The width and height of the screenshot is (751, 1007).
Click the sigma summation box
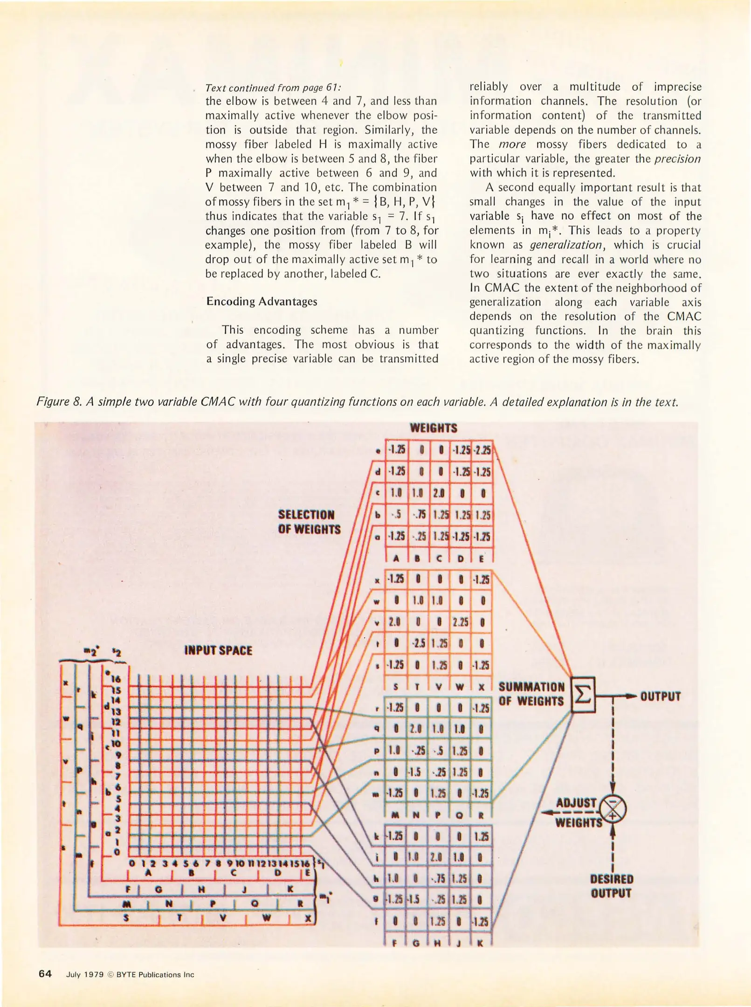(x=583, y=695)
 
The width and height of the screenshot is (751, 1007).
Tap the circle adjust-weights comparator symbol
(x=613, y=809)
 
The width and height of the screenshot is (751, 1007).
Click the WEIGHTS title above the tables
(x=433, y=428)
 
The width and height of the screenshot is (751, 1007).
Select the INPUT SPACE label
(x=218, y=650)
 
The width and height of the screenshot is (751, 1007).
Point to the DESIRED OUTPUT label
(x=611, y=886)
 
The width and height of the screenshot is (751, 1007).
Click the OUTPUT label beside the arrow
(x=660, y=697)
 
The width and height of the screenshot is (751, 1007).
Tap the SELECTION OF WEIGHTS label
(x=309, y=522)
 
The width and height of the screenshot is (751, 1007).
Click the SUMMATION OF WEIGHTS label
(x=531, y=694)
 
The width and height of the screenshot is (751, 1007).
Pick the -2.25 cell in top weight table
(x=482, y=450)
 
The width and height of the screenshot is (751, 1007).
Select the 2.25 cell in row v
(x=461, y=622)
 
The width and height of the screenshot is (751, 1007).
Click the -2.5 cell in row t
(x=417, y=644)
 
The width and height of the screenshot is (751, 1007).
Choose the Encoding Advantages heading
(x=262, y=302)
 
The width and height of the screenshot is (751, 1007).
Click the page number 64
(x=45, y=973)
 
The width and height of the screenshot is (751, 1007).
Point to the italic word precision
(x=677, y=159)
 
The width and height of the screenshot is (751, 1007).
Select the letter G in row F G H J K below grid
(x=158, y=890)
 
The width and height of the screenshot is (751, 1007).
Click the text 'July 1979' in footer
(x=85, y=974)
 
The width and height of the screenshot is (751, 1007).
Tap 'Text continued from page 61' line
(x=273, y=88)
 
